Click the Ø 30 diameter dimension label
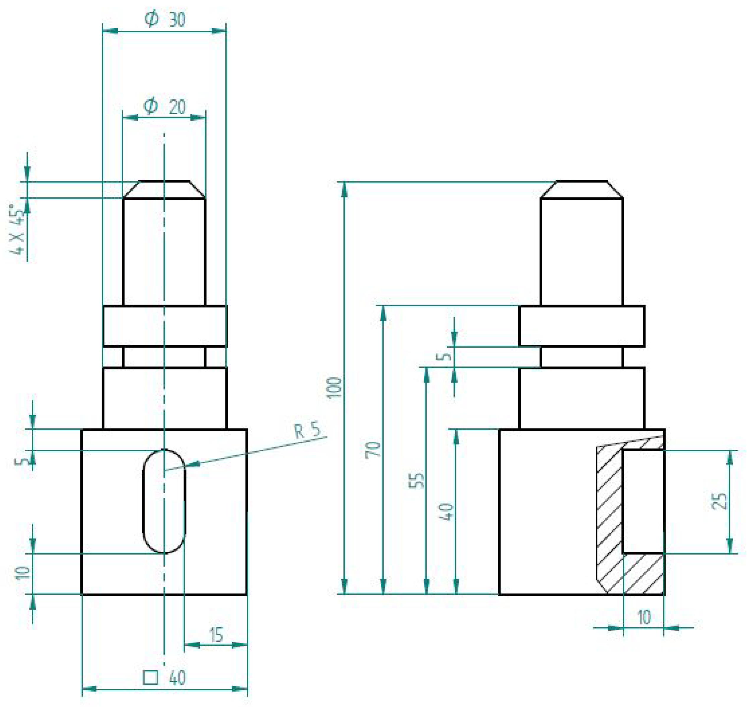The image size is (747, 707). [x=165, y=19]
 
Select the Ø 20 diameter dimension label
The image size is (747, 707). [x=165, y=106]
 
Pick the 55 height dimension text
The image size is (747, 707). [x=417, y=480]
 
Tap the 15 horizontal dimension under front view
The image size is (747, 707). [x=216, y=635]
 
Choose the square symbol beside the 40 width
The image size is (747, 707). [x=150, y=677]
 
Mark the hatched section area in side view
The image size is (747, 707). [x=608, y=528]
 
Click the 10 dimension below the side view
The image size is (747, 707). [x=643, y=618]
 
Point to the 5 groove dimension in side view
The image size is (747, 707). [x=446, y=356]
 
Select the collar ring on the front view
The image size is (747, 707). [x=165, y=326]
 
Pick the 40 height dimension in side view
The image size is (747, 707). [x=447, y=511]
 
